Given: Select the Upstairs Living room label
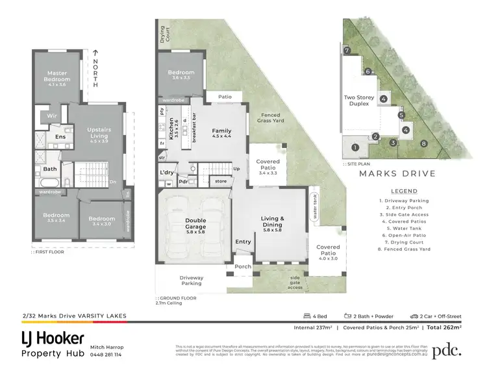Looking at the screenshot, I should (99, 133).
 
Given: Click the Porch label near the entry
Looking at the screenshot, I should (243, 266).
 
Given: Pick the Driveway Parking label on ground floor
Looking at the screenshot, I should (191, 281).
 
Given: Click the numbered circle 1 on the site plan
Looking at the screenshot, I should (355, 147).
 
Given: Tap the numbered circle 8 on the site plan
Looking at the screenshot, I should (423, 144).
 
